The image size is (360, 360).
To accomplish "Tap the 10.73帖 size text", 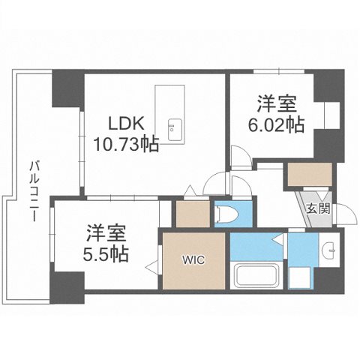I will tap(126, 144).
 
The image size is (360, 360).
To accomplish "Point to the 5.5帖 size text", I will tap(105, 253).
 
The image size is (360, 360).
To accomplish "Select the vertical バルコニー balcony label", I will tap(34, 193).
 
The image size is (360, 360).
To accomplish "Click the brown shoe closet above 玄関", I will tap(307, 175).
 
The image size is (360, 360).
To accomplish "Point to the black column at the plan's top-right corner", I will tap(327, 82).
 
